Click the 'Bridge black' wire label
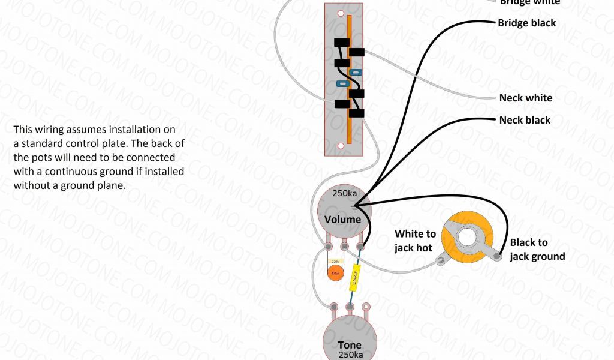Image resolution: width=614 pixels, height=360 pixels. click(526, 23)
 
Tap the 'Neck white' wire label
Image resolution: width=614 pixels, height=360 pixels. click(525, 98)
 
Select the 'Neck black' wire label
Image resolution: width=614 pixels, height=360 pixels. click(524, 120)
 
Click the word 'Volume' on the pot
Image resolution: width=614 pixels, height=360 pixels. click(343, 219)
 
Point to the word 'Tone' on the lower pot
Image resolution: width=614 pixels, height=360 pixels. click(349, 345)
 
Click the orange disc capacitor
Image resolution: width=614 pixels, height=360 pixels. click(335, 273)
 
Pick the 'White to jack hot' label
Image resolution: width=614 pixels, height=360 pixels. click(415, 241)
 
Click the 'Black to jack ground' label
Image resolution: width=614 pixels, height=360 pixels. click(537, 250)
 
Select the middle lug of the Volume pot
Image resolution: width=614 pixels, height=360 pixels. click(344, 246)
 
